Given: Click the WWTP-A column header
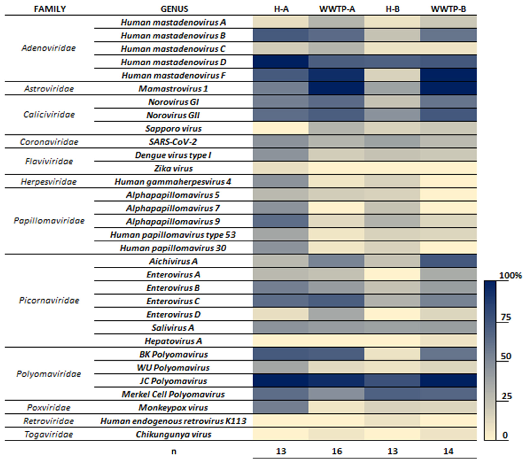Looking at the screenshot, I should (x=337, y=9).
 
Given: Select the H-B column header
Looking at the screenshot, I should (x=393, y=9).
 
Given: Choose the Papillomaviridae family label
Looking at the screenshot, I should (x=49, y=221).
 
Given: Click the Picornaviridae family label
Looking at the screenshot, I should (x=49, y=300).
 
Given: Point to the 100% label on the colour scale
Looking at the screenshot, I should (x=510, y=276).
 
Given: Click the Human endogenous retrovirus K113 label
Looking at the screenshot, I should (x=173, y=421).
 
